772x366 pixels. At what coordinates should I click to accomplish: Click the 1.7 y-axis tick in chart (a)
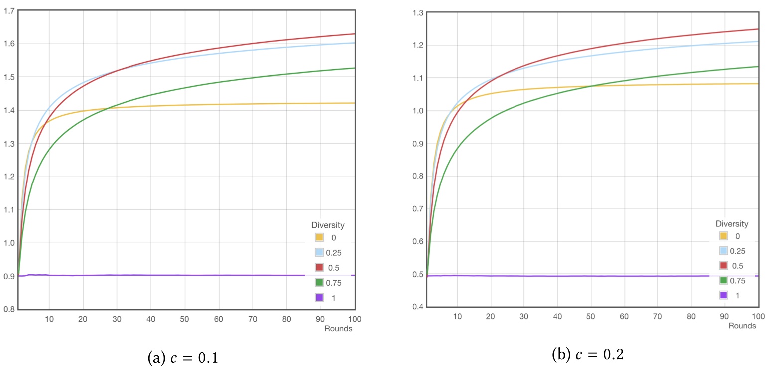(x=8, y=10)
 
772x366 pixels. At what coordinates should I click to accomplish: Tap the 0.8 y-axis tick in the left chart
(x=8, y=309)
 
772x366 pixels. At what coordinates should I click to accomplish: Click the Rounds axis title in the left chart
(x=339, y=329)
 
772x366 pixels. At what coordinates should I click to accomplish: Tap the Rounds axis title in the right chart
(x=742, y=326)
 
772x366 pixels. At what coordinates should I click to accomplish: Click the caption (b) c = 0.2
(x=588, y=354)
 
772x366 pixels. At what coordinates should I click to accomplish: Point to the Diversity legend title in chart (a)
(x=328, y=225)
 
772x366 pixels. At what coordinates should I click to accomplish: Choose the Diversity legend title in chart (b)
(x=732, y=224)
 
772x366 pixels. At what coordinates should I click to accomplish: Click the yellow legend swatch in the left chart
(x=319, y=237)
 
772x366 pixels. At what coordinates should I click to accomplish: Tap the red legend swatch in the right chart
(x=724, y=265)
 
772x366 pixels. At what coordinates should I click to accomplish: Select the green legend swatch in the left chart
(x=319, y=283)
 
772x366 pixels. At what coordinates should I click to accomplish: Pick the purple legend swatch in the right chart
(x=724, y=295)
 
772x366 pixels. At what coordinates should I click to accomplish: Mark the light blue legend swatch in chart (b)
(x=724, y=250)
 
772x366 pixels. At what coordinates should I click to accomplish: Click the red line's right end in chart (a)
(x=354, y=34)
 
